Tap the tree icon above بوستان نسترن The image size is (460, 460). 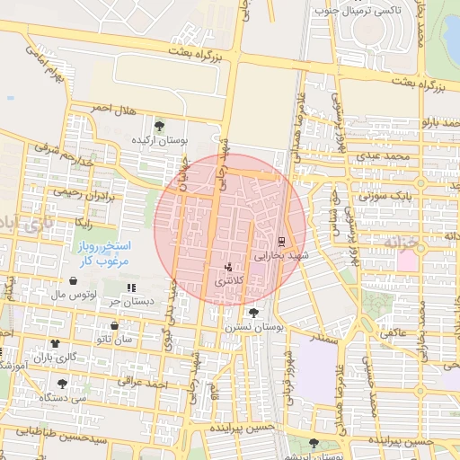[x=255, y=314]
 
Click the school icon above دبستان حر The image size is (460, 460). [x=131, y=287]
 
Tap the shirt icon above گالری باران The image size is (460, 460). [x=56, y=342]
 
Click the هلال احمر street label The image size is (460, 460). [x=114, y=109]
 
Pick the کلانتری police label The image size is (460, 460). [x=228, y=282]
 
